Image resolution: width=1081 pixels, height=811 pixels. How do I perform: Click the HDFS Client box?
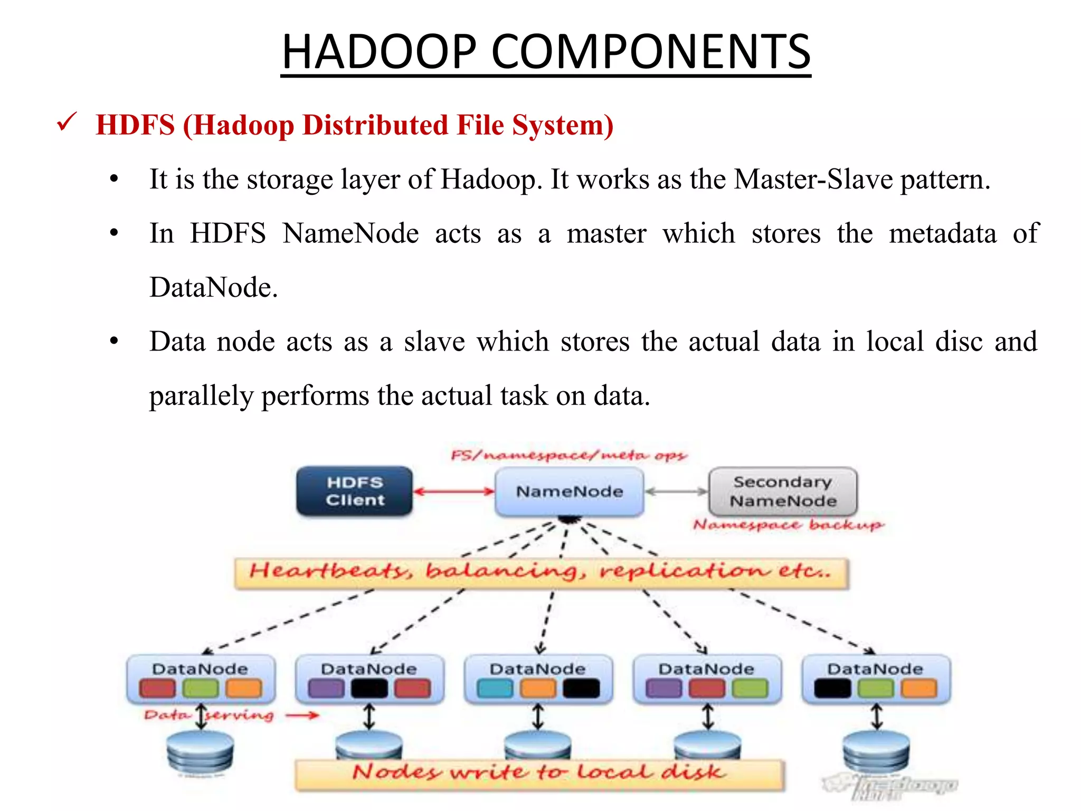pos(354,491)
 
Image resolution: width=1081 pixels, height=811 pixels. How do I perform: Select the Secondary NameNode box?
pos(783,491)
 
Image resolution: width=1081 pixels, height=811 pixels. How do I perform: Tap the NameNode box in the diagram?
pos(569,492)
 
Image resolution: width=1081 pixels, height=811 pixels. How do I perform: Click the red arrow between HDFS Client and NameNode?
pos(453,492)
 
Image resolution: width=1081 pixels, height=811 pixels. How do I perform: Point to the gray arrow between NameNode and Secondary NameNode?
pos(676,492)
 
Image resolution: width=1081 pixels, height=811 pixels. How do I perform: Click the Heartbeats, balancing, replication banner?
pos(541,572)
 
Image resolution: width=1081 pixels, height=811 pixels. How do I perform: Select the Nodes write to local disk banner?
pos(539,774)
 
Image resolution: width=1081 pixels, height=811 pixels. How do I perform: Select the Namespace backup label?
pos(788,525)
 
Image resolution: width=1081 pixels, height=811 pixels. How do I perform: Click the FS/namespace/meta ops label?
pos(568,455)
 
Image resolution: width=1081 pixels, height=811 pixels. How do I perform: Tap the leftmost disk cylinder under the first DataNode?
pos(200,752)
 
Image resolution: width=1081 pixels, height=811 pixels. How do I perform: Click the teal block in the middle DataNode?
pos(495,689)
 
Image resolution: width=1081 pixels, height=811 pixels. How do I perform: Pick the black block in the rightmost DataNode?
pos(832,689)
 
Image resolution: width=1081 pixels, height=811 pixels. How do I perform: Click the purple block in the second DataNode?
pos(326,689)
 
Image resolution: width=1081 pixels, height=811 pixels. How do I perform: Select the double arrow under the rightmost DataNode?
pos(876,716)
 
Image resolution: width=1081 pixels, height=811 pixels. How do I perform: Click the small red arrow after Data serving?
pos(302,715)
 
